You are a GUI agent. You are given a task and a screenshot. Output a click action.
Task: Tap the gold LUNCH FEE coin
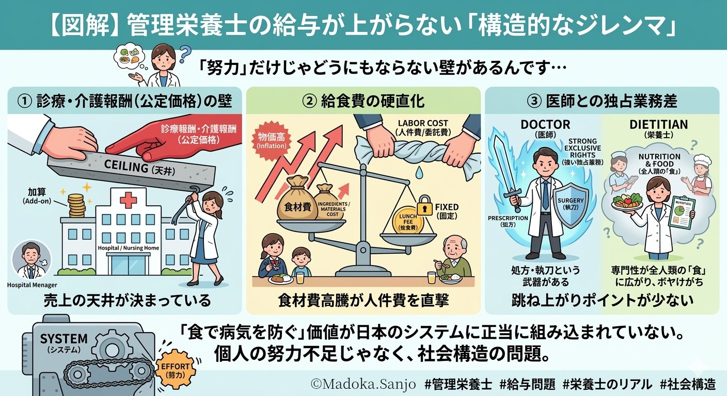point(408,223)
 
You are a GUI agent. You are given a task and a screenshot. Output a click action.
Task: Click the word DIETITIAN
point(658,124)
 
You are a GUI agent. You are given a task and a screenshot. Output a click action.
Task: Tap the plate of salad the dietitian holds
point(626,200)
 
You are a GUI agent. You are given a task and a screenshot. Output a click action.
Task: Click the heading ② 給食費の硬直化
point(362,100)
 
